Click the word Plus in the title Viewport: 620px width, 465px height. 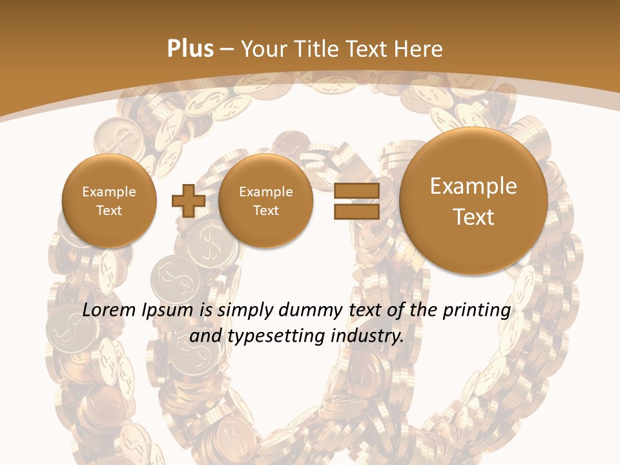(190, 49)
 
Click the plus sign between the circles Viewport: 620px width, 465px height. (188, 201)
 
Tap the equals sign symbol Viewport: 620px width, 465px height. (356, 201)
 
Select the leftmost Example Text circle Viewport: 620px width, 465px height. (108, 201)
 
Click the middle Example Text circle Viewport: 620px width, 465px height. (265, 201)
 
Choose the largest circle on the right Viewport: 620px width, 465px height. (473, 201)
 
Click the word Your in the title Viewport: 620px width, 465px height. (263, 49)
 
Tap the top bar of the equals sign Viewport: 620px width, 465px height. (356, 191)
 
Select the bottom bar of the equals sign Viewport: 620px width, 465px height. (356, 211)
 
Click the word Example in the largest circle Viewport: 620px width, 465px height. (473, 186)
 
